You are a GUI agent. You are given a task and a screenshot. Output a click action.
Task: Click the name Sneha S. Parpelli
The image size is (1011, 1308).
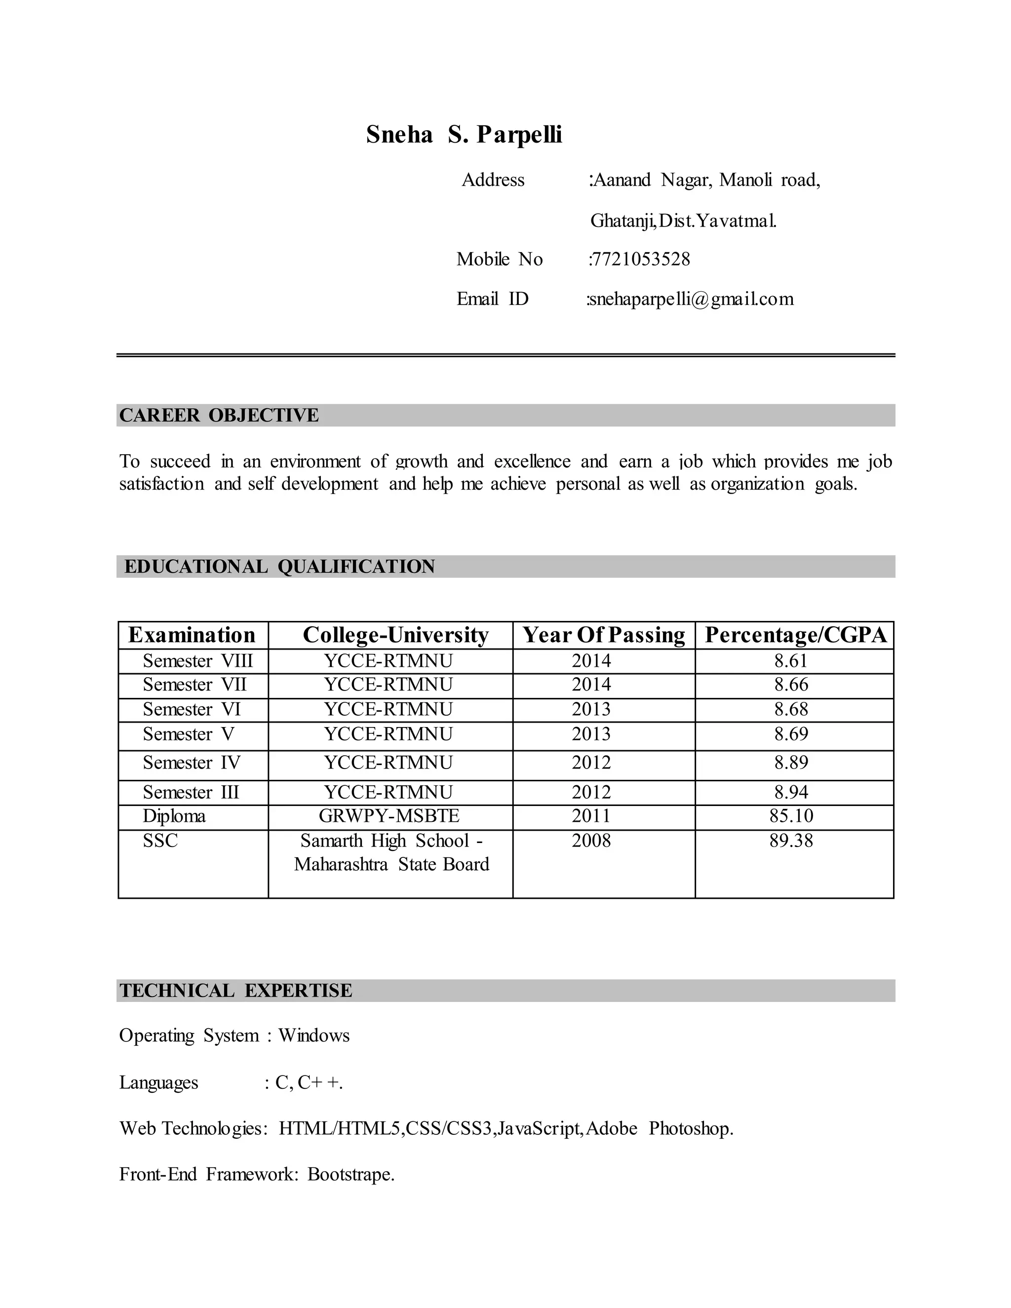pos(464,134)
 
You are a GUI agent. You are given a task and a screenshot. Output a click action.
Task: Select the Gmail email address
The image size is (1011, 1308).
pos(691,299)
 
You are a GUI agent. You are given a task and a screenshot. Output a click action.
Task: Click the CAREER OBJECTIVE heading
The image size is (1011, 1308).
pos(219,415)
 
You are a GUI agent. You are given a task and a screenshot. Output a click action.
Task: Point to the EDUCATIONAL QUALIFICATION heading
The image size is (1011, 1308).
pos(279,567)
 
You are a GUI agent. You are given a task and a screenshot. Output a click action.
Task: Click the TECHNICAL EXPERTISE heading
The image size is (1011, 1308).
pos(235,991)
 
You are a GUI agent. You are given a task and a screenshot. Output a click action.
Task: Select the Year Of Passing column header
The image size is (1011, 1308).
pos(604,635)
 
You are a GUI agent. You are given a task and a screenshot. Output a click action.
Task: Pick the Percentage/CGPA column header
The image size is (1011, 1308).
pos(795,635)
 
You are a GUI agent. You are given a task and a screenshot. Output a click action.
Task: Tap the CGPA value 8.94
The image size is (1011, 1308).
pos(791,792)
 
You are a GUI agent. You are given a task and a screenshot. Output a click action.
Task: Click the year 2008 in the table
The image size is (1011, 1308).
pos(591,841)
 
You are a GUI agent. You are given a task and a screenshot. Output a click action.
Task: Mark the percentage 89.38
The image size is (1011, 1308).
pos(791,841)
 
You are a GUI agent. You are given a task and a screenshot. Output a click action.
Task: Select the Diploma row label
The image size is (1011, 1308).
pos(174,816)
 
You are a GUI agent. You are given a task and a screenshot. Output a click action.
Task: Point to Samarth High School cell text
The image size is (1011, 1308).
pos(391,841)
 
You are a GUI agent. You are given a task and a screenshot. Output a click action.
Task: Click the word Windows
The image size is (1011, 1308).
pos(314,1036)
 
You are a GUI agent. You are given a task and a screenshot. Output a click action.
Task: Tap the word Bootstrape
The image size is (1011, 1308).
pos(350,1174)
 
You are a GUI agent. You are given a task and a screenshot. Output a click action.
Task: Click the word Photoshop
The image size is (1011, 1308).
pos(691,1128)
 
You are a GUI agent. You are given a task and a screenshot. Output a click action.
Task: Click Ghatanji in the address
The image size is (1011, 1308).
pos(622,221)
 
